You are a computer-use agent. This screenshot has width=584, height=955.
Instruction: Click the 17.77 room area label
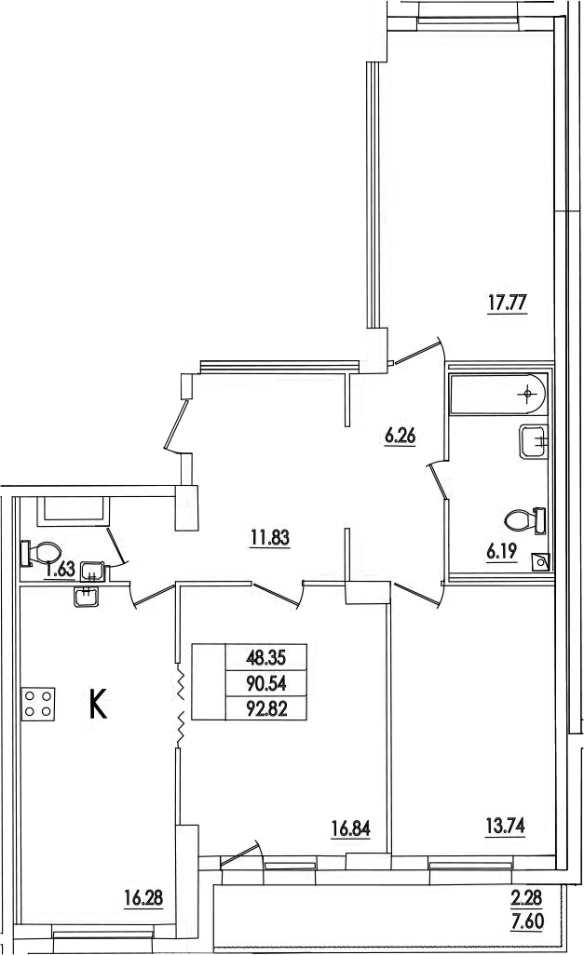point(507,303)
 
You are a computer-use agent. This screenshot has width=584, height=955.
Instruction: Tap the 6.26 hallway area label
point(401,437)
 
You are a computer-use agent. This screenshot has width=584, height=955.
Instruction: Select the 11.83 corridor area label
point(269,538)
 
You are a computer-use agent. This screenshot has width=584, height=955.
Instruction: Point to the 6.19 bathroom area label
point(502,552)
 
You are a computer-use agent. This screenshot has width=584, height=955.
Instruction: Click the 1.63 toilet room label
point(61,570)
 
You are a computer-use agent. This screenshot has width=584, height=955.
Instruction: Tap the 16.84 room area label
point(350,828)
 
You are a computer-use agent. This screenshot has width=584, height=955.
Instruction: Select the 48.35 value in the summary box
point(265,657)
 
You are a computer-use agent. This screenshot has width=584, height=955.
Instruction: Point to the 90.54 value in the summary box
point(265,683)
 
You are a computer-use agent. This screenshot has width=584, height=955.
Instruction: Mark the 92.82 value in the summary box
point(265,709)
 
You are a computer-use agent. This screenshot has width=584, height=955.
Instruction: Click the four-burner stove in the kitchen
point(38,704)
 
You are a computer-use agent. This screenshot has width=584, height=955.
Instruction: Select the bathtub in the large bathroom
point(497,395)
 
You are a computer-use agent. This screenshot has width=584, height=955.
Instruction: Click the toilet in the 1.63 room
point(40,554)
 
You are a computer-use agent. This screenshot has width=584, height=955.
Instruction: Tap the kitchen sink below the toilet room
point(87,597)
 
